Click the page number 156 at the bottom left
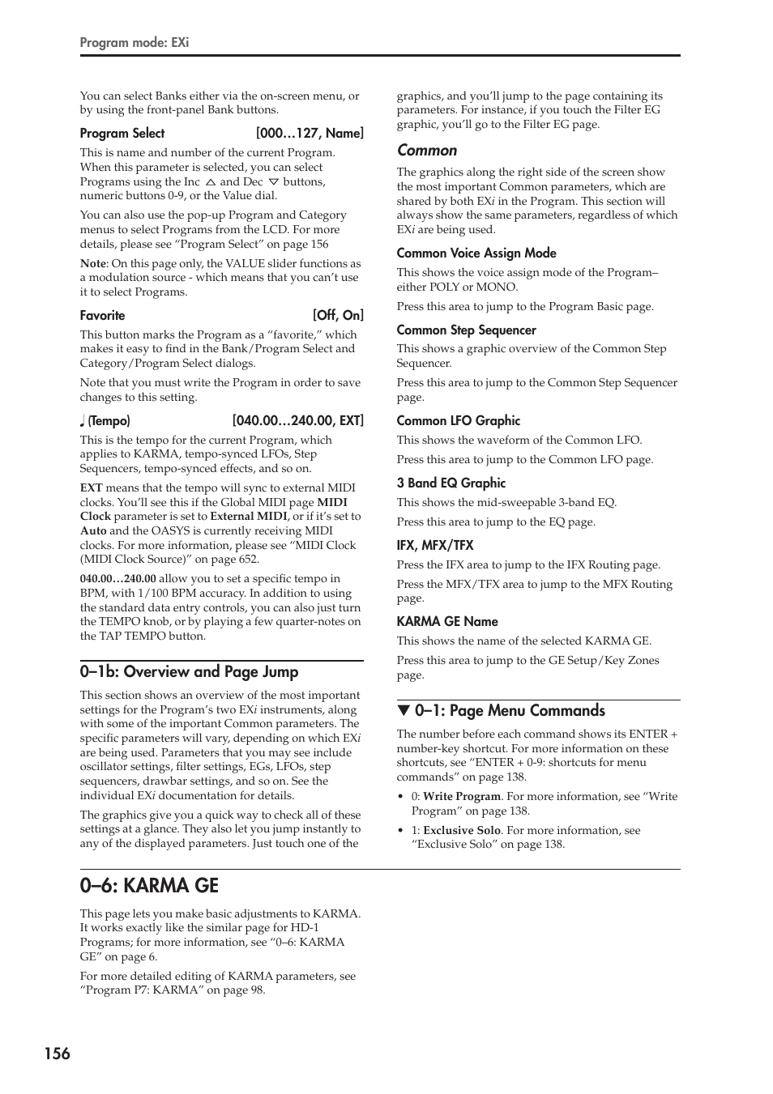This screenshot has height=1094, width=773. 57,1054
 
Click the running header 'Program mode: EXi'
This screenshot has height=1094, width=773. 134,42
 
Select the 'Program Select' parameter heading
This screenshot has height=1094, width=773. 122,134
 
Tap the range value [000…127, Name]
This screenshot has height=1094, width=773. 310,134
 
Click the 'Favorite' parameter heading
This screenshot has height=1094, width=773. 102,316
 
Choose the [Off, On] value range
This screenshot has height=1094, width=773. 338,316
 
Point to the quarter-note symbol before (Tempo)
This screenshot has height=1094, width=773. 83,421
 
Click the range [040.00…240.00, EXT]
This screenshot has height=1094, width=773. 297,421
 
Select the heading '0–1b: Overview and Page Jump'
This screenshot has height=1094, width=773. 189,672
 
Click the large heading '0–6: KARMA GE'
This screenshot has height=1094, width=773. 149,886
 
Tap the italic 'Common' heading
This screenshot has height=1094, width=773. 427,151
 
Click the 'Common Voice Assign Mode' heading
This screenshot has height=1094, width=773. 476,253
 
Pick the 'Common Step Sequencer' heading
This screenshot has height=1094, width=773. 466,330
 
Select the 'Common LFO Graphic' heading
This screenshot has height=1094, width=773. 458,421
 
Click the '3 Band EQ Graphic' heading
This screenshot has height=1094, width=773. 451,483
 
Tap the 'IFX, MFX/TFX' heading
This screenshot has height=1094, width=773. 435,546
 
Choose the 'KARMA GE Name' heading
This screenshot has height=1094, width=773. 447,622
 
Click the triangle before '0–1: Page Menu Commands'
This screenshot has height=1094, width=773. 402,711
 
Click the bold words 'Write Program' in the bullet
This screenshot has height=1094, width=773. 462,797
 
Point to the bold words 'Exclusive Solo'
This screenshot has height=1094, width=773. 462,831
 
